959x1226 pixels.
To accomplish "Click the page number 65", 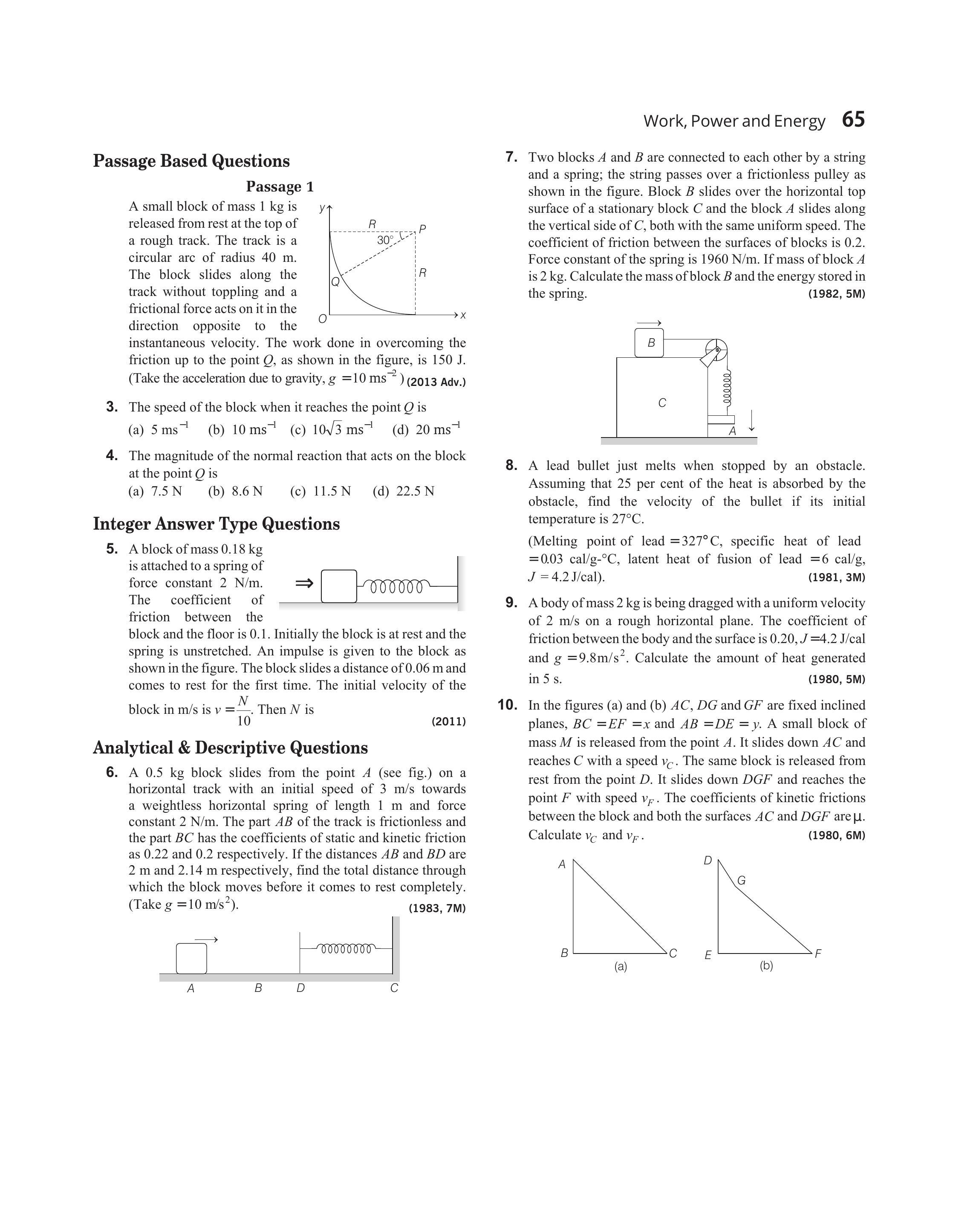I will pyautogui.click(x=853, y=120).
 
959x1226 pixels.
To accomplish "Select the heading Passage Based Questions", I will pyautogui.click(x=191, y=161).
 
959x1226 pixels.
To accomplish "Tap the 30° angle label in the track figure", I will pyautogui.click(x=385, y=240).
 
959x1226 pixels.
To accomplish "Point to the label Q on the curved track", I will pyautogui.click(x=335, y=282).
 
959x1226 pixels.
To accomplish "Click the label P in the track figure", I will pyautogui.click(x=422, y=229).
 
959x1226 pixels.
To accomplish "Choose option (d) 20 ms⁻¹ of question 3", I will pyautogui.click(x=426, y=430).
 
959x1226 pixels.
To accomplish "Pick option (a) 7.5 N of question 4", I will pyautogui.click(x=156, y=491).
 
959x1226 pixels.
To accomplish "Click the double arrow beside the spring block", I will pyautogui.click(x=304, y=583).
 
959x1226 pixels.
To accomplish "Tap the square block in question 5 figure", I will pyautogui.click(x=338, y=586).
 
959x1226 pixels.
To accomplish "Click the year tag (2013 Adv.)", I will pyautogui.click(x=436, y=383).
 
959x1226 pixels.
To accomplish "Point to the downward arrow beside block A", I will pyautogui.click(x=752, y=420).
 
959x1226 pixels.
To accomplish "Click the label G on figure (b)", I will pyautogui.click(x=741, y=881).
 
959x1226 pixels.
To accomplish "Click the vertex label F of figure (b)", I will pyautogui.click(x=817, y=954).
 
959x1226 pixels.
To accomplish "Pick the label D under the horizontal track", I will pyautogui.click(x=300, y=988).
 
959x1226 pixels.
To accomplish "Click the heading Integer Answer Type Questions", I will pyautogui.click(x=216, y=524).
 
